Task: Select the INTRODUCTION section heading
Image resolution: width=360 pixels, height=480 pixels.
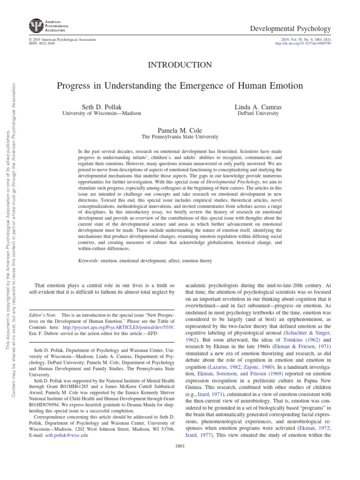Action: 180,65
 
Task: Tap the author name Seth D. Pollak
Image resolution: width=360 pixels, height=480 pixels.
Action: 101,107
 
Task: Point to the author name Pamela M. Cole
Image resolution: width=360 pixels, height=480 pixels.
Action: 180,129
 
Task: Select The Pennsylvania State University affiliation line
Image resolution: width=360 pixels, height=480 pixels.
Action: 180,137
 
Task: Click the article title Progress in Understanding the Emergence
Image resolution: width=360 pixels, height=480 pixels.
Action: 180,86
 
